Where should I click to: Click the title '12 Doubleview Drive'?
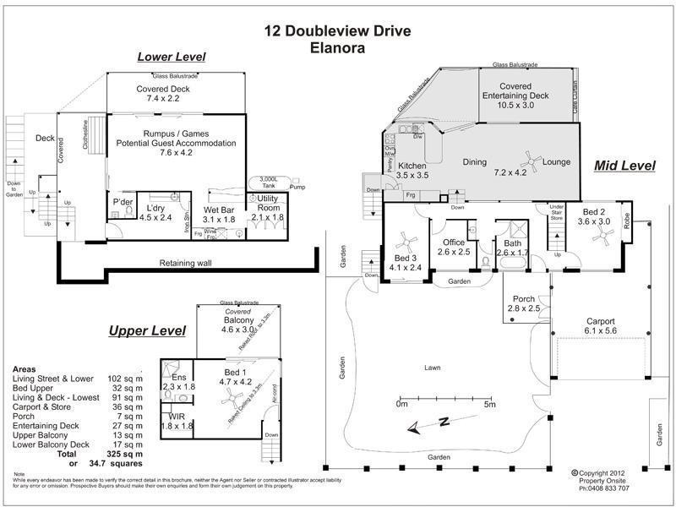point(337,32)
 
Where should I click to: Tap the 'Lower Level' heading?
point(172,57)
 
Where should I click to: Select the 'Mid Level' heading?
point(624,166)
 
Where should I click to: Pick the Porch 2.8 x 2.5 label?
point(523,303)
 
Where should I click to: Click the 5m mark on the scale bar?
point(489,404)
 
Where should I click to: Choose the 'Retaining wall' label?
point(185,263)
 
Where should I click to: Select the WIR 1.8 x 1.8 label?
point(177,422)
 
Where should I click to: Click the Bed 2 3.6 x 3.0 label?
point(593,216)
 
